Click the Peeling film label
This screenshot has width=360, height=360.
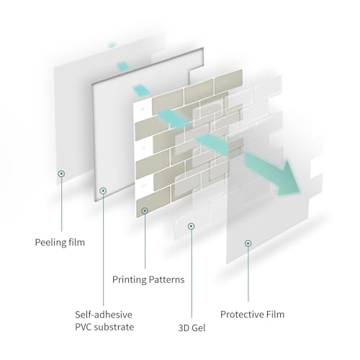pos(60,242)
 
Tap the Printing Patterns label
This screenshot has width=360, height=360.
pos(148,279)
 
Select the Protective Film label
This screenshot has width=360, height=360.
pos(252,314)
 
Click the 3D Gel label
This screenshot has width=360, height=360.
pos(192,328)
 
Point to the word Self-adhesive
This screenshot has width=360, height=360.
pos(104,315)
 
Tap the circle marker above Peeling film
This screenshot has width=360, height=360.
pos(61,174)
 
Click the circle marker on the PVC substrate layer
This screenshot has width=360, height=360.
pos(103,191)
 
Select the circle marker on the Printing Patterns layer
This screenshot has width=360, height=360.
pos(145,211)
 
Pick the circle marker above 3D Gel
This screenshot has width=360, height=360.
pos(192,226)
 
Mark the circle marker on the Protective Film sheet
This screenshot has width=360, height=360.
pos(248,243)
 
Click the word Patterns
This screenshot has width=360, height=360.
pos(166,279)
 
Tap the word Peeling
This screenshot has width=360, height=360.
pos(50,243)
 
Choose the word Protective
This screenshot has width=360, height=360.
pos(242,314)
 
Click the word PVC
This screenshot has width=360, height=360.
pos(84,327)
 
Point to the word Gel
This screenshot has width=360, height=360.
pos(198,328)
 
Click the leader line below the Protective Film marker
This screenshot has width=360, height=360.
pos(248,274)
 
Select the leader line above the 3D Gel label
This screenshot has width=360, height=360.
pos(192,274)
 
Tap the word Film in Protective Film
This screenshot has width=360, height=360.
pos(275,314)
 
